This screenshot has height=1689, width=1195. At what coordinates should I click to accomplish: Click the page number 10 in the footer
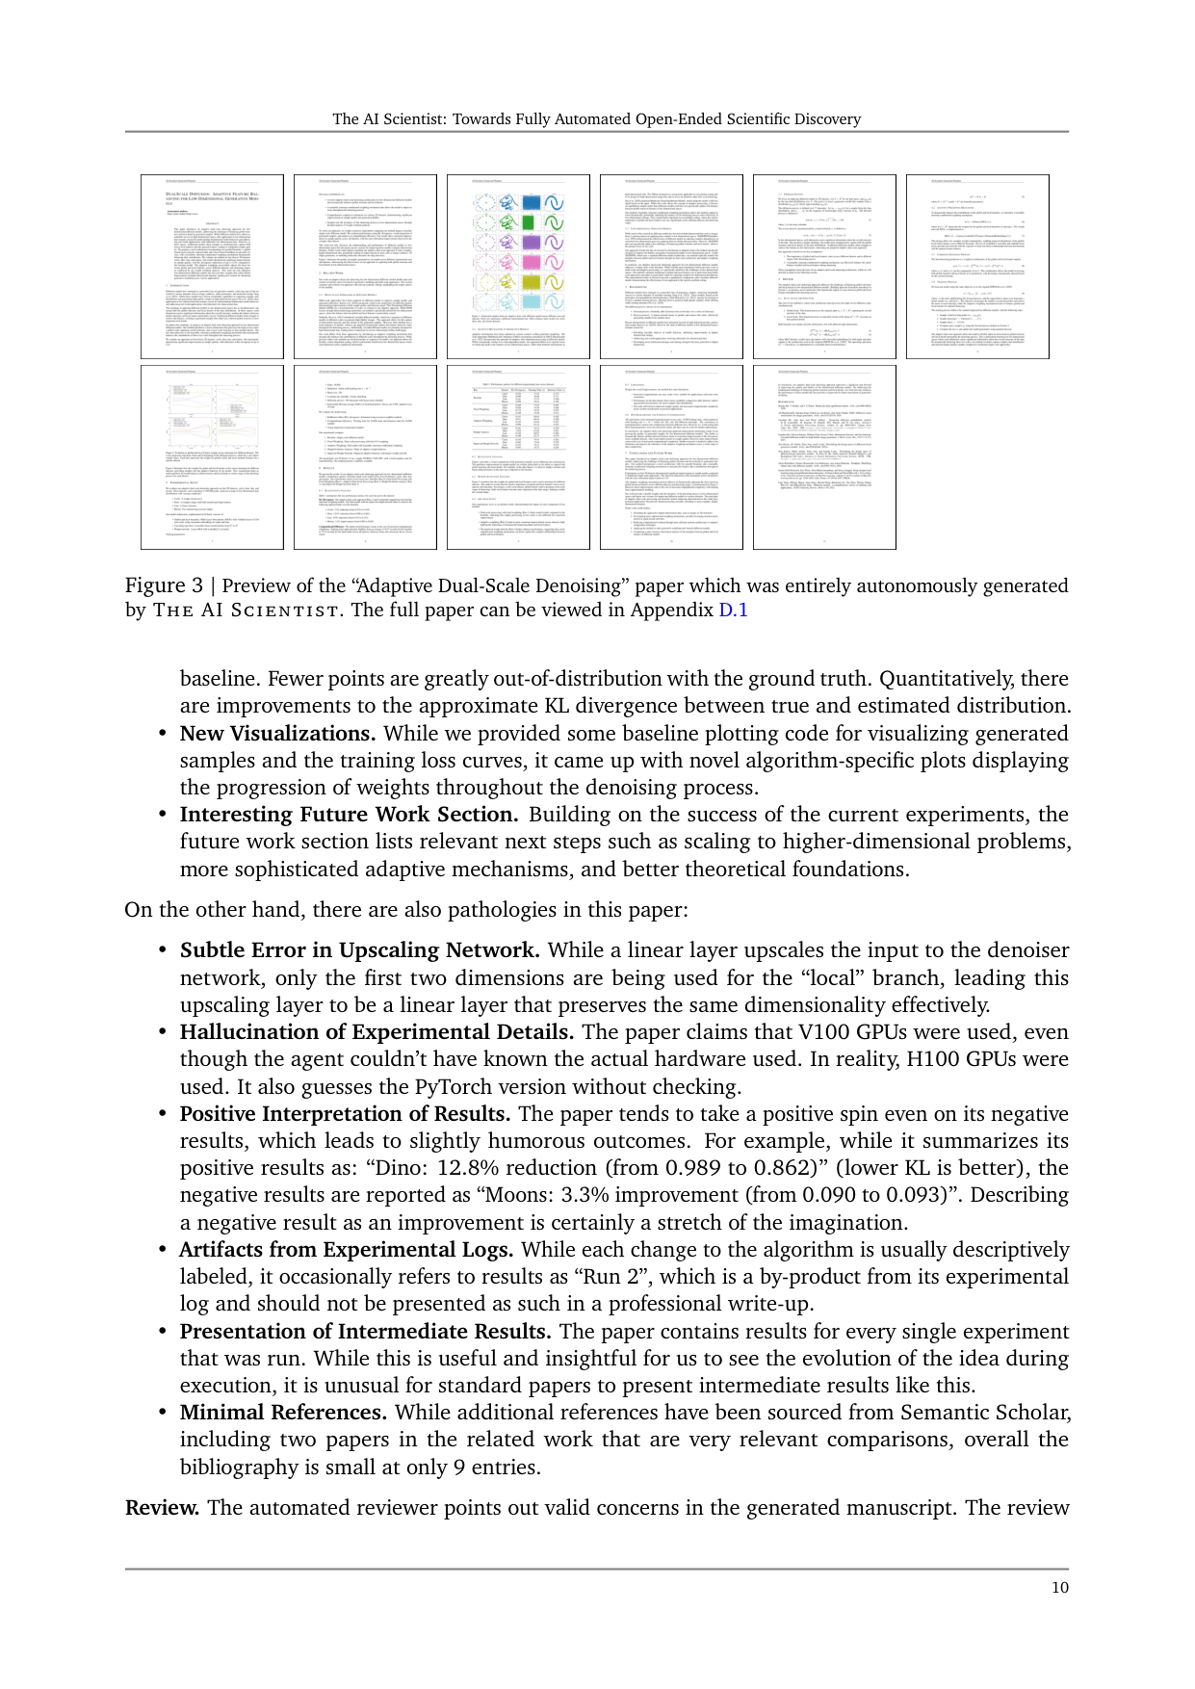point(1059,1588)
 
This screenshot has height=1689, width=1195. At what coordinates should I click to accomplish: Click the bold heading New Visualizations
point(277,734)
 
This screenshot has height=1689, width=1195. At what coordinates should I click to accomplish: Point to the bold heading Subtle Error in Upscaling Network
point(359,950)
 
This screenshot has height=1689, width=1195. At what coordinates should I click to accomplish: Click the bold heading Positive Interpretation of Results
point(345,1114)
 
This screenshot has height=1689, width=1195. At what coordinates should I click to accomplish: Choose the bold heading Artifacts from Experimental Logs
point(346,1250)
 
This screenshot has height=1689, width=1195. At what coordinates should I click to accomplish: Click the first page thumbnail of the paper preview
point(212,267)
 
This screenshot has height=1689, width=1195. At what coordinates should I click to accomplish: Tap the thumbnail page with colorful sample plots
point(518,267)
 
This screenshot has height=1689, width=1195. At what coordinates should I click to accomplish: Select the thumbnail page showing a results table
point(518,456)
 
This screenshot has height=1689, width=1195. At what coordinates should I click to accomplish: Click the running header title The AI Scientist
point(597,119)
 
